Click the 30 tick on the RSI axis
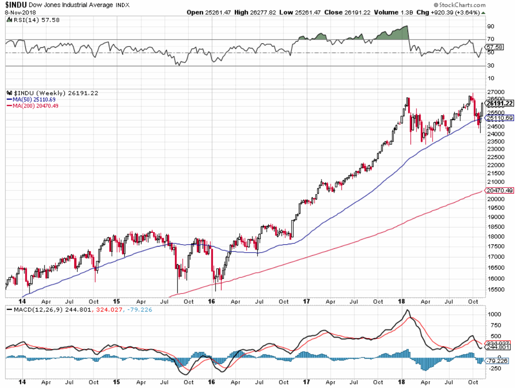point(491,66)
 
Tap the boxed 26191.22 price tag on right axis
point(500,103)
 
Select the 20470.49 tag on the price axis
point(500,190)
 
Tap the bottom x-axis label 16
point(211,382)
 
